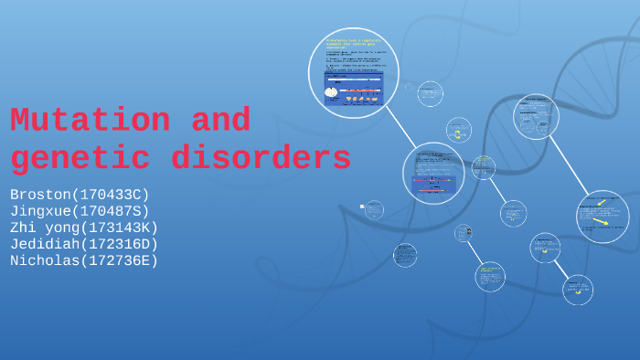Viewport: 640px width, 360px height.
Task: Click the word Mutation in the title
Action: click(90, 121)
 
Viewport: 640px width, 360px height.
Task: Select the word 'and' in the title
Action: click(220, 121)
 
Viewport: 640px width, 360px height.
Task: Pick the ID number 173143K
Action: click(118, 228)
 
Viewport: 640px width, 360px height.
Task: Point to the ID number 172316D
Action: click(118, 244)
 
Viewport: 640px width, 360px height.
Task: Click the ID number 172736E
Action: click(118, 260)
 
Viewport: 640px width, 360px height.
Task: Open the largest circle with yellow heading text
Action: click(353, 73)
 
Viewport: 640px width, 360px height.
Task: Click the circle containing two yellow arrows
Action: click(603, 217)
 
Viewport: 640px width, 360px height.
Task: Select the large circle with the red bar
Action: click(433, 174)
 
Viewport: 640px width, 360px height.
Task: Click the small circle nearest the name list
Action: click(373, 209)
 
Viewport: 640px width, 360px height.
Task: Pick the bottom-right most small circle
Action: click(577, 290)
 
